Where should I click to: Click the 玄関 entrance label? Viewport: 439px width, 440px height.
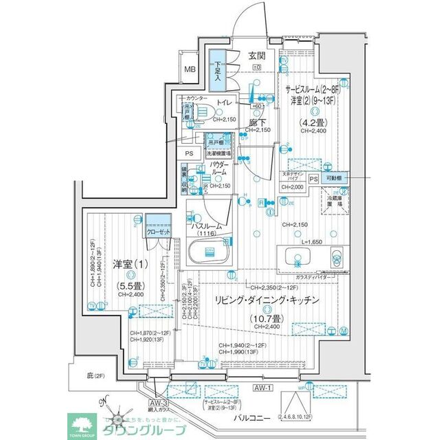(x=256, y=56)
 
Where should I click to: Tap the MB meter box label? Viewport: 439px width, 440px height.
(x=190, y=69)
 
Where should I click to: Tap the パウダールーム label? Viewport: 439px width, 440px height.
(x=221, y=171)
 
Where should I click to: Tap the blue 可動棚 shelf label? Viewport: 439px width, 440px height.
(x=335, y=178)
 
